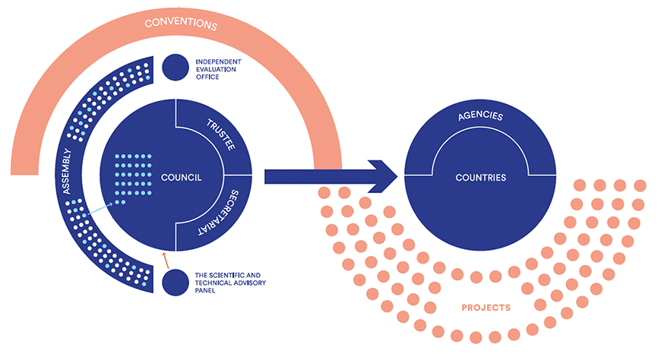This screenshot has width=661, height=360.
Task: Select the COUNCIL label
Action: pos(181,177)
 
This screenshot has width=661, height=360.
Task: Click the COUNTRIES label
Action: pos(480,177)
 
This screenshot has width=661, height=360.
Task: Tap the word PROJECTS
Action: pos(485,308)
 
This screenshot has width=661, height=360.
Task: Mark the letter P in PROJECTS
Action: pos(465,308)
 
